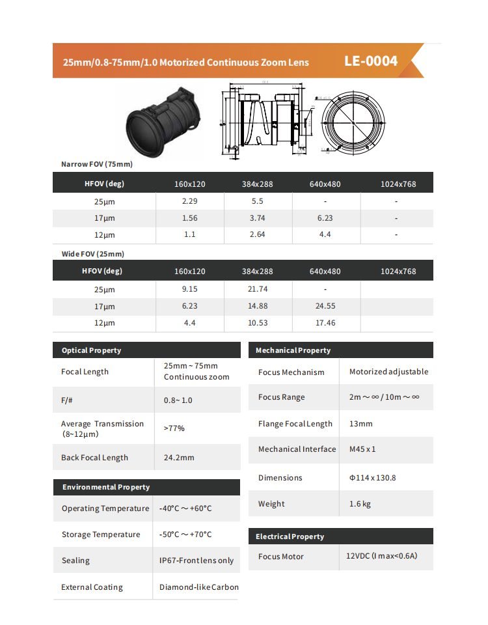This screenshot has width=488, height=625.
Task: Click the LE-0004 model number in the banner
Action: pyautogui.click(x=370, y=61)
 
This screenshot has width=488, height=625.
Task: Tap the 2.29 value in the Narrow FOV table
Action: pyautogui.click(x=189, y=201)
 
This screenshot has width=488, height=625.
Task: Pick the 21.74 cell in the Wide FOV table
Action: pyautogui.click(x=257, y=289)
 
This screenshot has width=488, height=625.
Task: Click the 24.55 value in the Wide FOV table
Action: pyautogui.click(x=325, y=306)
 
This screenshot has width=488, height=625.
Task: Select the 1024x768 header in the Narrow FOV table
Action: pyautogui.click(x=398, y=184)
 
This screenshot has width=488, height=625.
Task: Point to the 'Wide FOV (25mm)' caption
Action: pyautogui.click(x=92, y=254)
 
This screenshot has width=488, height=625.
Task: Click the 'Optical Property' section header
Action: pyautogui.click(x=91, y=350)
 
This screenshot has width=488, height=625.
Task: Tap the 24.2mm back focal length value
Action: pyautogui.click(x=179, y=458)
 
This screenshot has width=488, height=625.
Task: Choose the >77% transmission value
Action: pyautogui.click(x=174, y=428)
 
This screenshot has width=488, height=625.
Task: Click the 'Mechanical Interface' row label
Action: pyautogui.click(x=297, y=449)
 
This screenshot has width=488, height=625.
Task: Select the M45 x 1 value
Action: pyautogui.click(x=362, y=449)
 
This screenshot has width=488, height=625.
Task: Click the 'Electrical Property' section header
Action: pyautogui.click(x=290, y=536)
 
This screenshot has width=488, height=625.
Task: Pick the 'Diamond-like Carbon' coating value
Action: pyautogui.click(x=198, y=587)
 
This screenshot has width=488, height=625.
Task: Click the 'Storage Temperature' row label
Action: pyautogui.click(x=101, y=535)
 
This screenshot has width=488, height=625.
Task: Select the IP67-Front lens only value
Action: pyautogui.click(x=197, y=561)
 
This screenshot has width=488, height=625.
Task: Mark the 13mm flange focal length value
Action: pyautogui.click(x=361, y=424)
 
